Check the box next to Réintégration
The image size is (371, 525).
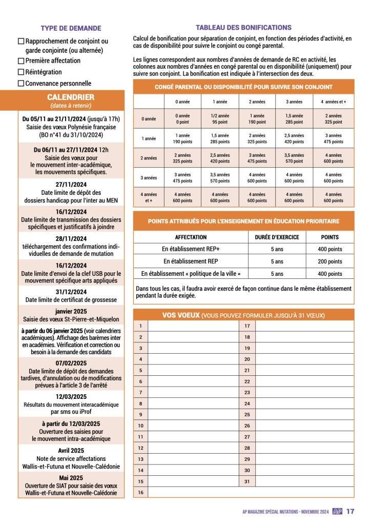coord(21,72)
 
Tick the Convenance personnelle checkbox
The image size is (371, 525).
coord(21,84)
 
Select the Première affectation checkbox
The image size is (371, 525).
coord(21,61)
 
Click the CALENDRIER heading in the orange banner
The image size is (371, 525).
coord(71,97)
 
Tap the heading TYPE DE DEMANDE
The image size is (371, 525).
coord(71,28)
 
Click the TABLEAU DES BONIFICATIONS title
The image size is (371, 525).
coord(243,27)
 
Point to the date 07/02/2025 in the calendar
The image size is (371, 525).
coord(71,364)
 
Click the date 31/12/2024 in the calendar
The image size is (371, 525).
coord(71,292)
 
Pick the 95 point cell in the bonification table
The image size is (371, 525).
coord(219,122)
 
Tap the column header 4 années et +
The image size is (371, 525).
coord(333,102)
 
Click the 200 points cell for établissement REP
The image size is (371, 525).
coord(328,261)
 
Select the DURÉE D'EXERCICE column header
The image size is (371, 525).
coord(277,237)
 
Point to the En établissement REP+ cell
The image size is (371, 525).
coord(191,249)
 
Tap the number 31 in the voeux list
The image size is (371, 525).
coord(247,481)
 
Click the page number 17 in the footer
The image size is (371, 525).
coord(351,511)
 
